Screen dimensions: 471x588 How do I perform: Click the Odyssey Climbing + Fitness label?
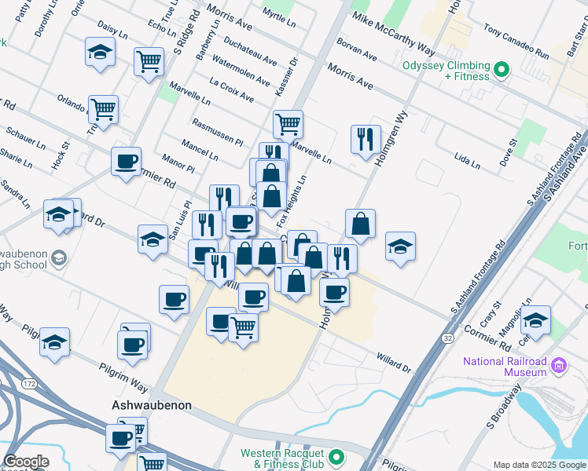pyautogui.click(x=447, y=71)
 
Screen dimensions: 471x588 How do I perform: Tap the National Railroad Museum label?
pyautogui.click(x=505, y=366)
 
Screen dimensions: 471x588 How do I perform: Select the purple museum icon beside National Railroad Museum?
pyautogui.click(x=559, y=366)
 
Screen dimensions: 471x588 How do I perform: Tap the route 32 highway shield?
pyautogui.click(x=447, y=338)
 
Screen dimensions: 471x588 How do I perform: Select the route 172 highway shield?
pyautogui.click(x=30, y=383)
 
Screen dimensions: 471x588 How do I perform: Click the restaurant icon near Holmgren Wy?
pyautogui.click(x=365, y=140)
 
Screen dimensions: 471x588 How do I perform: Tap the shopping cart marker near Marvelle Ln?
pyautogui.click(x=288, y=123)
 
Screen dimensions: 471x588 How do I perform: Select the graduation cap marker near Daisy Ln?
pyautogui.click(x=100, y=53)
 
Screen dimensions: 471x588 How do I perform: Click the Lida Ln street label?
pyautogui.click(x=467, y=162)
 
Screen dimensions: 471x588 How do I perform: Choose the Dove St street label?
pyautogui.click(x=508, y=152)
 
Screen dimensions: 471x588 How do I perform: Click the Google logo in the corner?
pyautogui.click(x=27, y=462)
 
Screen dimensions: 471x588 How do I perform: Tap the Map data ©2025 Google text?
pyautogui.click(x=539, y=465)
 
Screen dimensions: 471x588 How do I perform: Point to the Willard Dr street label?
pyautogui.click(x=393, y=360)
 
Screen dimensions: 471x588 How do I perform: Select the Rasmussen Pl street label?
pyautogui.click(x=218, y=132)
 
